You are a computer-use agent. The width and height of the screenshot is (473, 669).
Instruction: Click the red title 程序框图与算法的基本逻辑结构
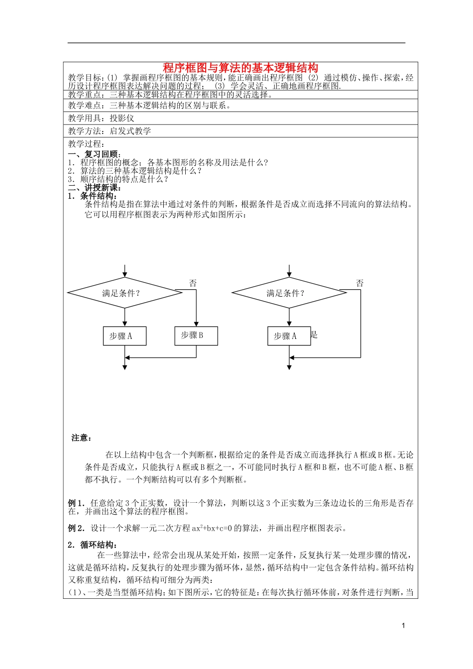pyautogui.click(x=240, y=68)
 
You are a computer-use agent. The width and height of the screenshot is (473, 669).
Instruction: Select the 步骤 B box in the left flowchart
pyautogui.click(x=196, y=335)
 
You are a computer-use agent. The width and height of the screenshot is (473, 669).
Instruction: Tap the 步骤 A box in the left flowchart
pyautogui.click(x=124, y=336)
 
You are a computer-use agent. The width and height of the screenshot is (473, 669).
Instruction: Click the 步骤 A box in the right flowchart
pyautogui.click(x=289, y=336)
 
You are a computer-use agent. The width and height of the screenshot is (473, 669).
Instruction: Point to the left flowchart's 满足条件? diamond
pyautogui.click(x=124, y=293)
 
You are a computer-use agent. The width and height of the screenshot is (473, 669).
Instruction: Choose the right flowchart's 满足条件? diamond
pyautogui.click(x=289, y=293)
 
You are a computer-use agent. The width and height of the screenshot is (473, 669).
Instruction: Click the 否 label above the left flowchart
pyautogui.click(x=193, y=283)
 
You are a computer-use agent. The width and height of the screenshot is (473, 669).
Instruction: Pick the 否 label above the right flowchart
pyautogui.click(x=360, y=283)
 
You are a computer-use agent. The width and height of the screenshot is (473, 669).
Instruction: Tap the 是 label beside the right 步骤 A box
pyautogui.click(x=314, y=334)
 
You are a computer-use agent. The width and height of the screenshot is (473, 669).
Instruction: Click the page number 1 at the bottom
pyautogui.click(x=403, y=626)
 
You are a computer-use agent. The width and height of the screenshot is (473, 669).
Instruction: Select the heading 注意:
pyautogui.click(x=82, y=438)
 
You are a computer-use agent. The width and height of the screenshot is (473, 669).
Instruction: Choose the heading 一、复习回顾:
pyautogui.click(x=95, y=154)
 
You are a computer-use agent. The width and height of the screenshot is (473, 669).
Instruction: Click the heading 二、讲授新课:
pyautogui.click(x=95, y=188)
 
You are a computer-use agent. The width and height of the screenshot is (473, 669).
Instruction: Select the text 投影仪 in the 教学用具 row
pyautogui.click(x=122, y=118)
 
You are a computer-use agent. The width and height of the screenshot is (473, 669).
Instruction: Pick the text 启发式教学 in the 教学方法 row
pyautogui.click(x=130, y=131)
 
